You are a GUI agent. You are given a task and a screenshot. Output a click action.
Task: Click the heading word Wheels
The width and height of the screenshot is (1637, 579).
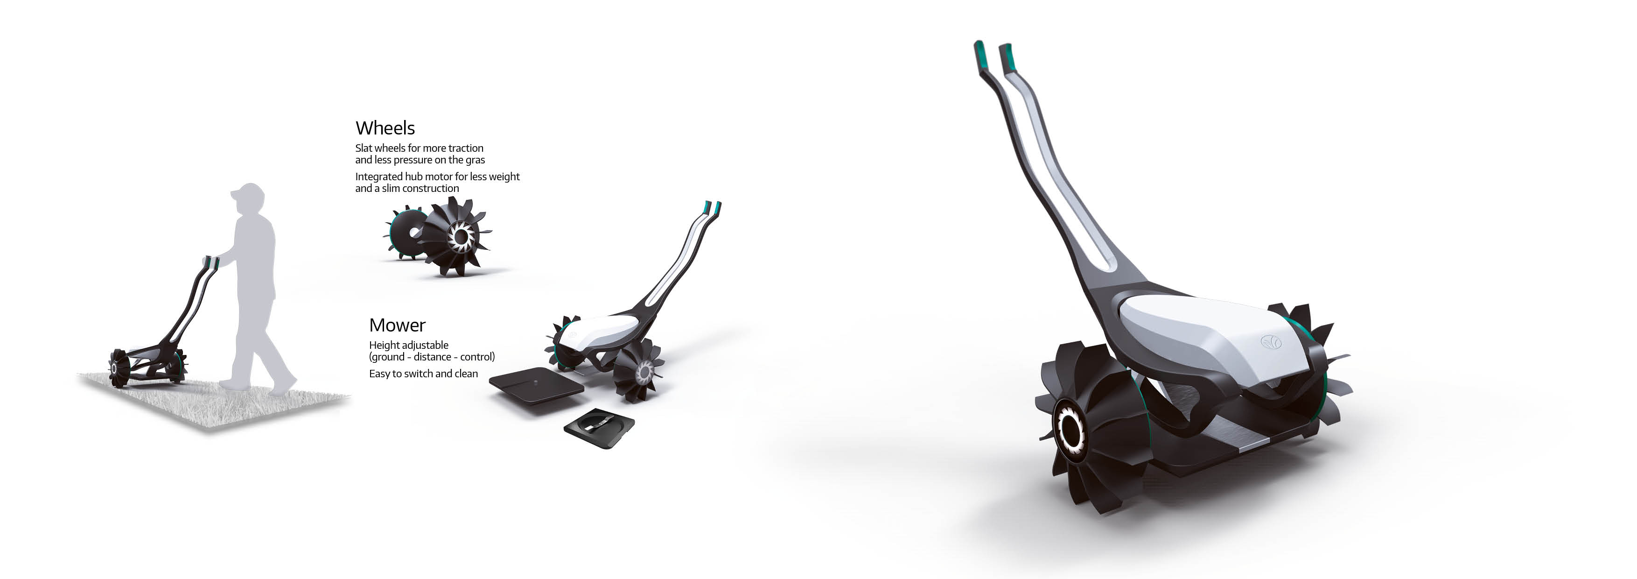pyautogui.click(x=385, y=128)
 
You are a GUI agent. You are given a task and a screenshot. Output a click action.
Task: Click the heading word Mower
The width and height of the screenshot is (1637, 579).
pyautogui.click(x=397, y=325)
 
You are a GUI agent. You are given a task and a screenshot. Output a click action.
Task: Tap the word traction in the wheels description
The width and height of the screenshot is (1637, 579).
pyautogui.click(x=466, y=148)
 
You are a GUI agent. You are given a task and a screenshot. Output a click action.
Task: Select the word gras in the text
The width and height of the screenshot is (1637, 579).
pyautogui.click(x=476, y=160)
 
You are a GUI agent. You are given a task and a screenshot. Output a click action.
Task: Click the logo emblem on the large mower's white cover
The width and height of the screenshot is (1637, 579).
pyautogui.click(x=1271, y=342)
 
